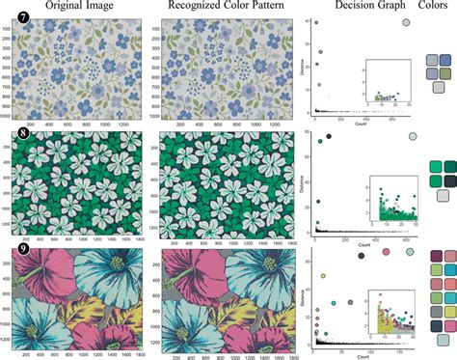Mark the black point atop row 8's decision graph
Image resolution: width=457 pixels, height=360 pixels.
331,137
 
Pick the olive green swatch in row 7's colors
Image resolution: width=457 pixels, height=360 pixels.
445,74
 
